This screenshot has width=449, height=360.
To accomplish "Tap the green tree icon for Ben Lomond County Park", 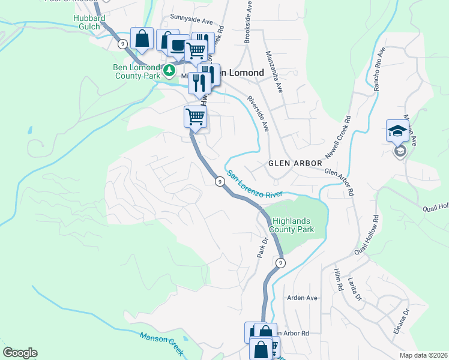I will [x=170, y=71].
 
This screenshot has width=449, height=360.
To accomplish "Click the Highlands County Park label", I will [x=292, y=225].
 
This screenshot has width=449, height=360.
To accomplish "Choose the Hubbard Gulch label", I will [x=89, y=23].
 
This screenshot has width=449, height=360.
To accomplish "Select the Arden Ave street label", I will [x=302, y=298].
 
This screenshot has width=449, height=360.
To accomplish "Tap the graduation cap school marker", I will [x=397, y=131].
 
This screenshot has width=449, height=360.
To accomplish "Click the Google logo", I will [x=20, y=353].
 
